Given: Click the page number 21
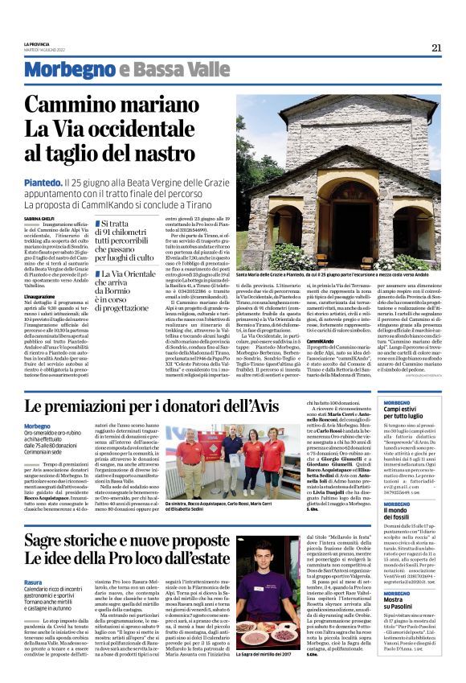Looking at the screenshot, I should tap(436, 47).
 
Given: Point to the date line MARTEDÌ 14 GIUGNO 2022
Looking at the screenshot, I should tap(45, 50).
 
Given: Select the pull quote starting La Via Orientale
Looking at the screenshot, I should tap(128, 286).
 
